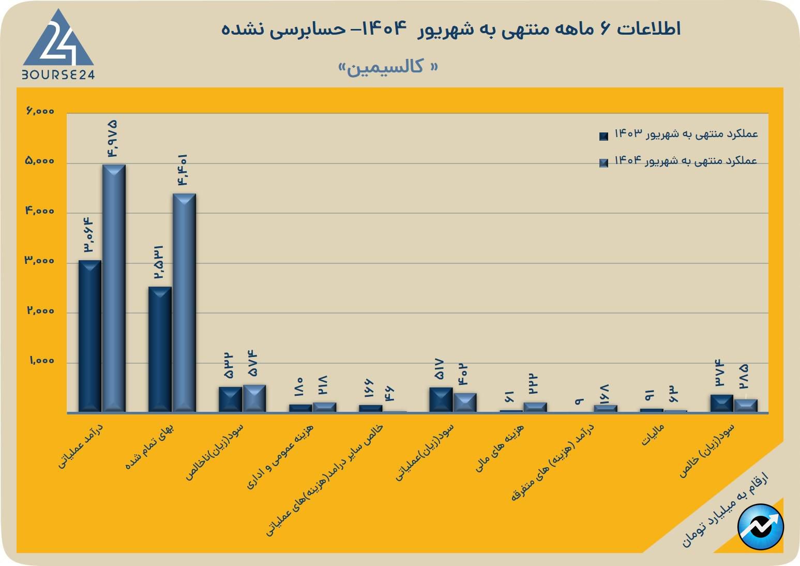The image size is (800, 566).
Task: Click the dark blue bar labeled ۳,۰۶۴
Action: (x=89, y=336)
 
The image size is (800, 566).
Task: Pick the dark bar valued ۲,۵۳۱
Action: (x=160, y=349)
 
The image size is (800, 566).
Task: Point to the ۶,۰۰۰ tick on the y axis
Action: (x=40, y=111)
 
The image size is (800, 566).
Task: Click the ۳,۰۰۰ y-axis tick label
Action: (x=40, y=261)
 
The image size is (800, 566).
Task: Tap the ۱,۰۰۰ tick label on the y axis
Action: (x=41, y=361)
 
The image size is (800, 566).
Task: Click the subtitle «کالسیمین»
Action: (x=387, y=67)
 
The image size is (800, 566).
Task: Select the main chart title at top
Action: (x=451, y=29)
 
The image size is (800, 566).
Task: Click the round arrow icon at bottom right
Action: (x=761, y=527)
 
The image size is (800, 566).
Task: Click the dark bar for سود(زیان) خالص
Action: (x=721, y=403)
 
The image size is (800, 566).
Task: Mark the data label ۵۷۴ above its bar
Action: (x=253, y=363)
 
